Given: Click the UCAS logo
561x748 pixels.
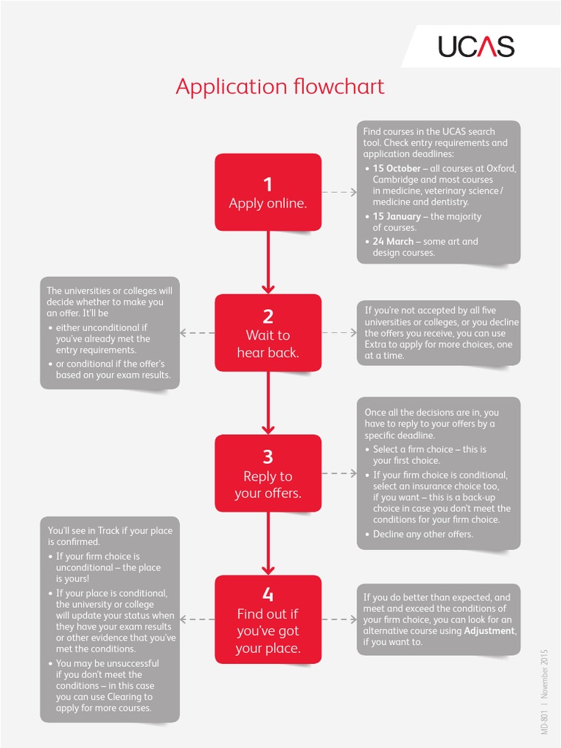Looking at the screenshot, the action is (x=476, y=46).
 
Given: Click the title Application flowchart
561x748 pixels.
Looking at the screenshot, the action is (x=280, y=87).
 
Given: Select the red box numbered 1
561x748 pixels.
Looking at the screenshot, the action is (x=268, y=192).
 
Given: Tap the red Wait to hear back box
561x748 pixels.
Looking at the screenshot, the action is (x=268, y=333).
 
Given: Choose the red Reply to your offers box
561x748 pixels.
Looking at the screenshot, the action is (x=268, y=473).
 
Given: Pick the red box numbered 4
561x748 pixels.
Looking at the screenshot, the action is (x=268, y=619).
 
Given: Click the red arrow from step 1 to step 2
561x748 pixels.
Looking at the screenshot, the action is (x=268, y=262).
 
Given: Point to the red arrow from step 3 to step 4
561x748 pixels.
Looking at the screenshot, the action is (x=268, y=543).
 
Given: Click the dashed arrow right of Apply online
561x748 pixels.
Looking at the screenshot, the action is (x=339, y=192).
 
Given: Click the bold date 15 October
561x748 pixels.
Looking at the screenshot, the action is (x=397, y=169).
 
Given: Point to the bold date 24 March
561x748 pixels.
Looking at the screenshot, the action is (x=393, y=242).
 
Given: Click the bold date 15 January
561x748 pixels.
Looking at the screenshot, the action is (x=397, y=216).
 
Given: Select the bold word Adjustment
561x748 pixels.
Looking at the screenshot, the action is (x=489, y=630).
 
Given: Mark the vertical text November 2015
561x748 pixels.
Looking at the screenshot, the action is (x=544, y=673).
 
